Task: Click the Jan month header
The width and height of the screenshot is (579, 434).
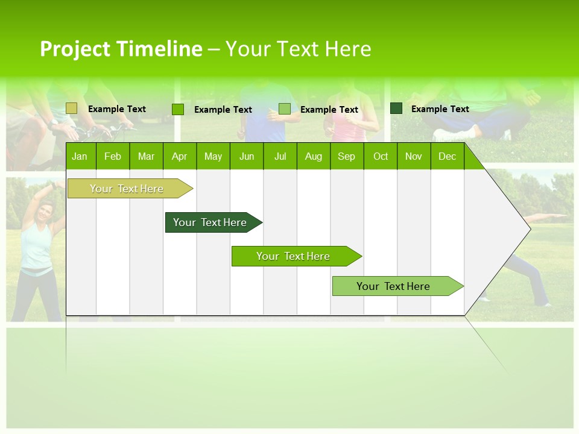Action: pyautogui.click(x=80, y=157)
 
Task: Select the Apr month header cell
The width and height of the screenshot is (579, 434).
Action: pyautogui.click(x=179, y=157)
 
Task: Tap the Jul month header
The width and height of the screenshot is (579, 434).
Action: pyautogui.click(x=280, y=157)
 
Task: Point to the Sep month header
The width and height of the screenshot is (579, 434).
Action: pyautogui.click(x=346, y=157)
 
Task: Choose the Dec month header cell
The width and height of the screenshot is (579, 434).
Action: pyautogui.click(x=447, y=157)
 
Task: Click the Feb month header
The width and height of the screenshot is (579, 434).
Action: pyautogui.click(x=113, y=157)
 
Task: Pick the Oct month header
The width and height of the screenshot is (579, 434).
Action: pyautogui.click(x=381, y=157)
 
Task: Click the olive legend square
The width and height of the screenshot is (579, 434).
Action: pyautogui.click(x=72, y=108)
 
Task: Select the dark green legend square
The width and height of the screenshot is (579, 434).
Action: pyautogui.click(x=396, y=108)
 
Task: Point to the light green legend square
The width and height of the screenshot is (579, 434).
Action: pyautogui.click(x=285, y=108)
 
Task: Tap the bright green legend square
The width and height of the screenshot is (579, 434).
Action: pyautogui.click(x=178, y=109)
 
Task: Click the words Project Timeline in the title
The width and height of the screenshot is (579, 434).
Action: pyautogui.click(x=121, y=49)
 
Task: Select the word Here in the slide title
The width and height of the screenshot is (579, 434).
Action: pyautogui.click(x=348, y=49)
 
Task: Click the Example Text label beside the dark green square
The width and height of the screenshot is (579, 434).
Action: pyautogui.click(x=440, y=109)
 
